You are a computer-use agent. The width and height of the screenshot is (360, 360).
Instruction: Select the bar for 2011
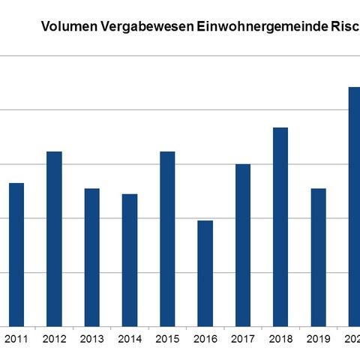point(16,255)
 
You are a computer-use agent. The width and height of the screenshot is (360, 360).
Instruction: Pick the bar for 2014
point(130,260)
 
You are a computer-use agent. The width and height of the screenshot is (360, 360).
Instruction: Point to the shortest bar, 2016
point(205,274)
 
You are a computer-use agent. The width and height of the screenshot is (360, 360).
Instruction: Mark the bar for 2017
point(243,245)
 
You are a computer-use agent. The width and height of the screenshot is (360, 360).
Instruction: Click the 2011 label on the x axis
point(16,340)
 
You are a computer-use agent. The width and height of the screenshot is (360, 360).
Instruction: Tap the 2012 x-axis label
point(54,340)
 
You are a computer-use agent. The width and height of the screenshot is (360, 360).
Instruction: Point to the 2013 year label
point(91,340)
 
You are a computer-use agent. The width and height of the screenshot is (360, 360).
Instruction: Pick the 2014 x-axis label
point(130,340)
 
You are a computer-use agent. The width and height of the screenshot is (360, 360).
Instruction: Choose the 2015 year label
point(167,340)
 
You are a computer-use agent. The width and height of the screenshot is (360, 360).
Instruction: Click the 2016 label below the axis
point(205,340)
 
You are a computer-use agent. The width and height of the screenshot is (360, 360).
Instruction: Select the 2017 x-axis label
point(243,340)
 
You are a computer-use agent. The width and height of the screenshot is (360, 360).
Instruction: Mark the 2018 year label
point(280,340)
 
